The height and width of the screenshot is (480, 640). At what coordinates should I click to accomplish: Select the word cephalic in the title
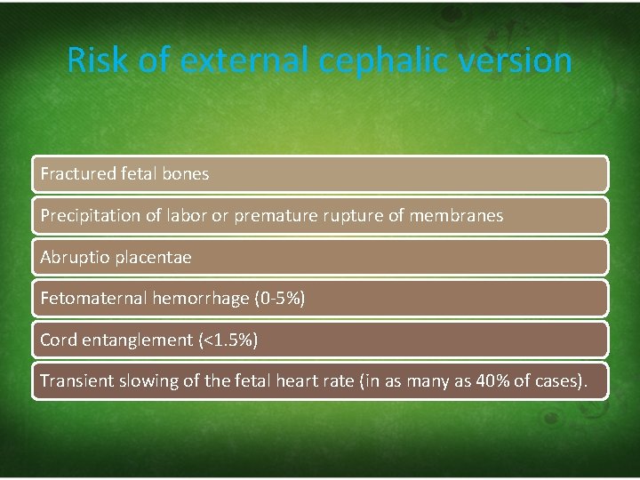coord(397,60)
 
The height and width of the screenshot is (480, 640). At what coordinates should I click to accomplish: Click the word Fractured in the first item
coord(77,174)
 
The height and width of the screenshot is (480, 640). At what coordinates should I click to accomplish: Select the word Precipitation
coord(88,215)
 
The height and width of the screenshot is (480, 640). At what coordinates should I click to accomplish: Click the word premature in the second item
coord(275,215)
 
